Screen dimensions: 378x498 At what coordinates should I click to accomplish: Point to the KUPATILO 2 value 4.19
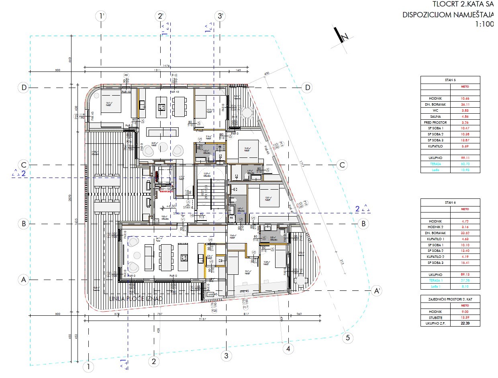465,257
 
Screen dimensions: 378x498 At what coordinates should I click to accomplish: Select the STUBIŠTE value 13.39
465,317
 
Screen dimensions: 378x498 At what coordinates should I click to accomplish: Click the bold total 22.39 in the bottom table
465,323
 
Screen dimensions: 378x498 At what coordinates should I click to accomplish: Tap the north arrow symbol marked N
342,36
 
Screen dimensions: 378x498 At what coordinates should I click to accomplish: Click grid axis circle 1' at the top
102,16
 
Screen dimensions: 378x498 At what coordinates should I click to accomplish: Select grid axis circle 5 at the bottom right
348,338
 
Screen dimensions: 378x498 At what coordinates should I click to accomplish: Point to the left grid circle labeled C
24,165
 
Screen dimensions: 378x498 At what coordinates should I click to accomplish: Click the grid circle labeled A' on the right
376,290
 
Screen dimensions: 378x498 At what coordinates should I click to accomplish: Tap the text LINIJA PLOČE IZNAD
136,298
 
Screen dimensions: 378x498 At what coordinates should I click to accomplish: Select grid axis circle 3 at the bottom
226,356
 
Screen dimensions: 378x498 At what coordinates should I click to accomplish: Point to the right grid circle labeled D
308,88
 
